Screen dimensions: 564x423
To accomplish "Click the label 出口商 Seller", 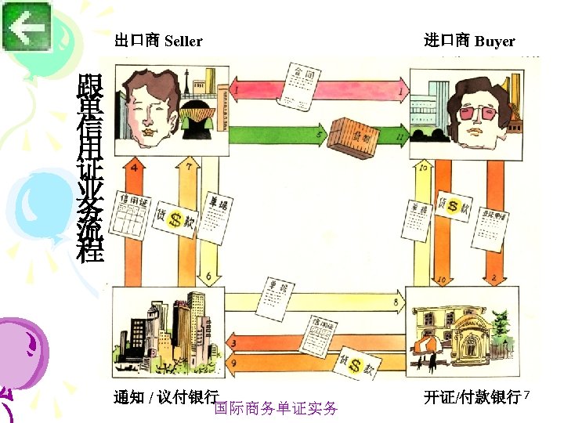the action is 158,41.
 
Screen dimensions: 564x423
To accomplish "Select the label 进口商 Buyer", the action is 469,41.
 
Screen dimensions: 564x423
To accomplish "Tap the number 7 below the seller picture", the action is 190,167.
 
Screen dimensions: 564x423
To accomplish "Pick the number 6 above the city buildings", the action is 208,276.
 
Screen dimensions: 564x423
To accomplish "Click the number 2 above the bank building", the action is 493,277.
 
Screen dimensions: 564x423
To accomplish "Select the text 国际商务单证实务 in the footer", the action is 276,408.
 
